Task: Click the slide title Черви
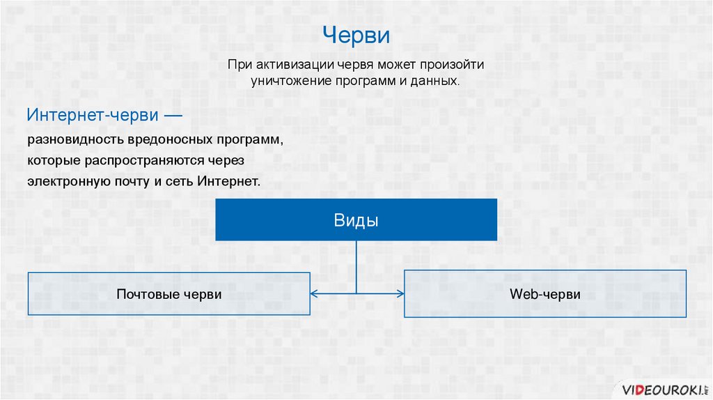(356, 36)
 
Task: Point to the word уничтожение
(289, 81)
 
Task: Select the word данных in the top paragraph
(437, 81)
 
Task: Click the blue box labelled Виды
(356, 220)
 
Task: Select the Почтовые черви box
(169, 294)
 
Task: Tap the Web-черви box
(544, 294)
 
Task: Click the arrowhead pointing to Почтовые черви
(314, 294)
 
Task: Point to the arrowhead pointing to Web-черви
(400, 294)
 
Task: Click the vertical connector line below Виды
(356, 265)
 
